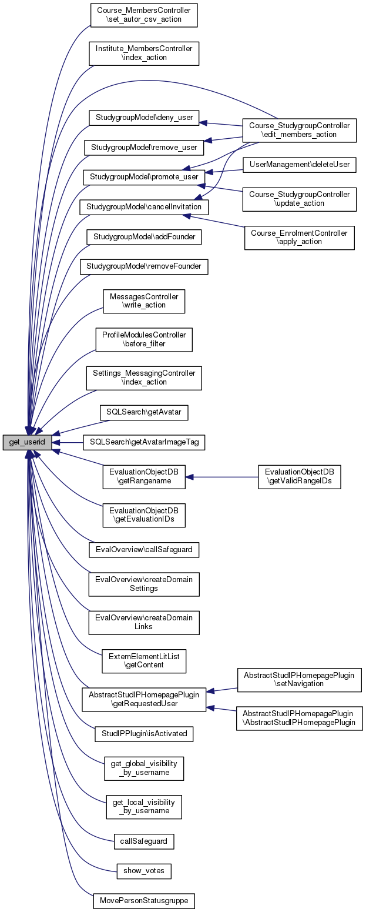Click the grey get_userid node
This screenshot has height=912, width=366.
[x=27, y=443]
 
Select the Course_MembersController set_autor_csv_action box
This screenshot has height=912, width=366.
[x=143, y=15]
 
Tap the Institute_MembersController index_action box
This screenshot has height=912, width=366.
[x=144, y=53]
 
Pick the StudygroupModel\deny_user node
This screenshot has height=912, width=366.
[x=144, y=116]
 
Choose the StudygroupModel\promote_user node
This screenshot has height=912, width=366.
[x=144, y=176]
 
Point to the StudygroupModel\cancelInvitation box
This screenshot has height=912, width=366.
[x=144, y=207]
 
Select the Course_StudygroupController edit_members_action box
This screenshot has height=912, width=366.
[x=300, y=130]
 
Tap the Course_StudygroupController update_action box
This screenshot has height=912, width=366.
[x=300, y=199]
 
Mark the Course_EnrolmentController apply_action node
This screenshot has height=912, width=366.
[x=300, y=238]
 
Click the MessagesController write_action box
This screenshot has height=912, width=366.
[x=144, y=300]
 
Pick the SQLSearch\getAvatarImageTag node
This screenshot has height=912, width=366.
[x=144, y=443]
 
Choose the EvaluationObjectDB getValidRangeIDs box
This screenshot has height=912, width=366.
[x=300, y=477]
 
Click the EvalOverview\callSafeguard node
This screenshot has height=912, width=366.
[x=144, y=550]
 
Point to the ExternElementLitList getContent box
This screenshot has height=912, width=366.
[x=144, y=660]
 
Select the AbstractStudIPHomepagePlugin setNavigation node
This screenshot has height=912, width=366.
[x=299, y=679]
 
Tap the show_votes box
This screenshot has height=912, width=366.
[x=144, y=870]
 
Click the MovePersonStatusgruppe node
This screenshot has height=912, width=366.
[x=144, y=900]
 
